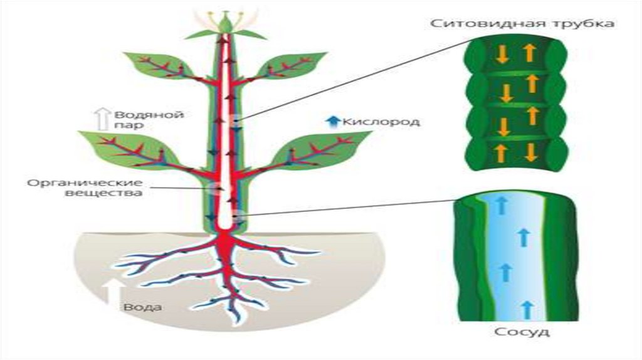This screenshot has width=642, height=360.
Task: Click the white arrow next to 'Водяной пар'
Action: (101, 119)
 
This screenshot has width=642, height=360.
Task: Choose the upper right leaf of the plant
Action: (295, 64)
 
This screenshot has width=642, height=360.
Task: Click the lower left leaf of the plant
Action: (125, 148)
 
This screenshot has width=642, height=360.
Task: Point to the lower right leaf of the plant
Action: (320, 148)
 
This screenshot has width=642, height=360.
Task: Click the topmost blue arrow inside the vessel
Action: (500, 203)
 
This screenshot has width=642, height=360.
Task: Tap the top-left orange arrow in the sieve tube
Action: (502, 54)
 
